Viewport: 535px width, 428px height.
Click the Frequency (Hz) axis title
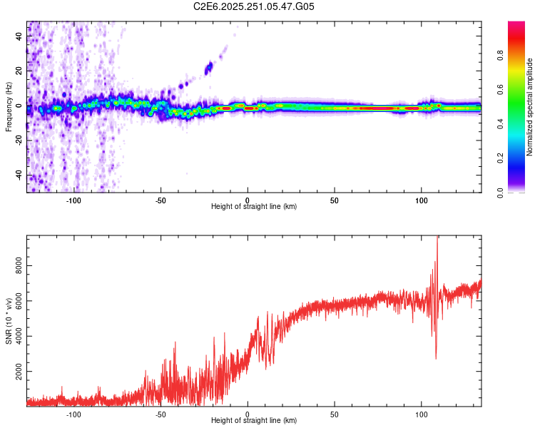pos(9,107)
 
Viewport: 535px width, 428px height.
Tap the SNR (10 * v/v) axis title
pos(9,320)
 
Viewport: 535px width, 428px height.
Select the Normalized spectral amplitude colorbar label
pos(530,107)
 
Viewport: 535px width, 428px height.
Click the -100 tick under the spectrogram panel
pos(73,200)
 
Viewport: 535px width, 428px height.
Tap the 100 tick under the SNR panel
pos(421,414)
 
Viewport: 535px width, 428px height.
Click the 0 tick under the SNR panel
pos(248,414)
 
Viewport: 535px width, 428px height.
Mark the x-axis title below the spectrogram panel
pos(254,207)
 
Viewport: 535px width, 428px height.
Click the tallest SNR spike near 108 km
pos(437,239)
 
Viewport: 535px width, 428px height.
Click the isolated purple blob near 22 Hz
pos(209,68)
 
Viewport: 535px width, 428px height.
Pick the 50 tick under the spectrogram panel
pos(334,200)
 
